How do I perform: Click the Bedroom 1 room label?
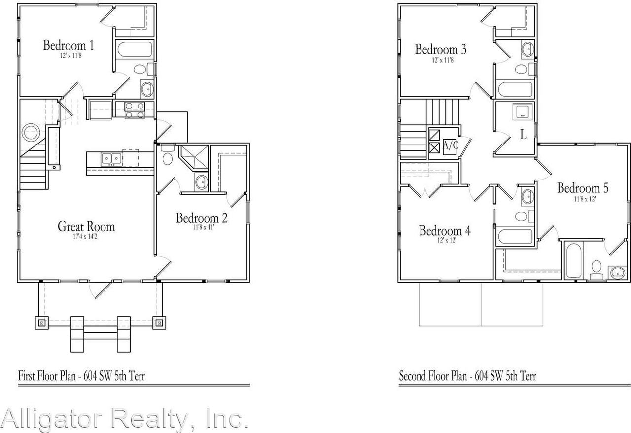[69, 46]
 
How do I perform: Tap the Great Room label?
[86, 227]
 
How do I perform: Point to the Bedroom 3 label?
[441, 50]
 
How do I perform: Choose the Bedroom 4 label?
[445, 231]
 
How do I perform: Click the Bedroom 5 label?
[583, 188]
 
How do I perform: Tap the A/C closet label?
[450, 145]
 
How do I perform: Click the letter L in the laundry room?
[524, 135]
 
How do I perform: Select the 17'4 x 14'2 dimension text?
[86, 237]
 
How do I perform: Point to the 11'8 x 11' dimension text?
[204, 227]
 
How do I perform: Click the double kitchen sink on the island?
[111, 158]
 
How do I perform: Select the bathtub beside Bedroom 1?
[134, 49]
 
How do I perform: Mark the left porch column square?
[41, 324]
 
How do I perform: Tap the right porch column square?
[159, 324]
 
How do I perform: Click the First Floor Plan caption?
[81, 376]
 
